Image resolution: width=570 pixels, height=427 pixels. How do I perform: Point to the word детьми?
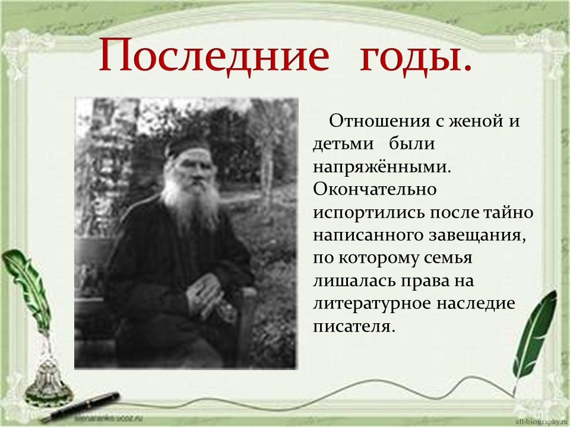pos(343,144)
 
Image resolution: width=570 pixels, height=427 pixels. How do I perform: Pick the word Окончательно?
pos(375,189)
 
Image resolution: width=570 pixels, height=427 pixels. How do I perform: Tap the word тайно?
pos(508,212)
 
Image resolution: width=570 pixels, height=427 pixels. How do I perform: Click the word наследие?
pos(476,304)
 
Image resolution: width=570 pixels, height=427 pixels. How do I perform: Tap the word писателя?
pos(353,326)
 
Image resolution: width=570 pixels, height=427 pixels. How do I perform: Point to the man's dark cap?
pos(188,146)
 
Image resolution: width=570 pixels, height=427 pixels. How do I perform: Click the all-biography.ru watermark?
pos(542,422)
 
